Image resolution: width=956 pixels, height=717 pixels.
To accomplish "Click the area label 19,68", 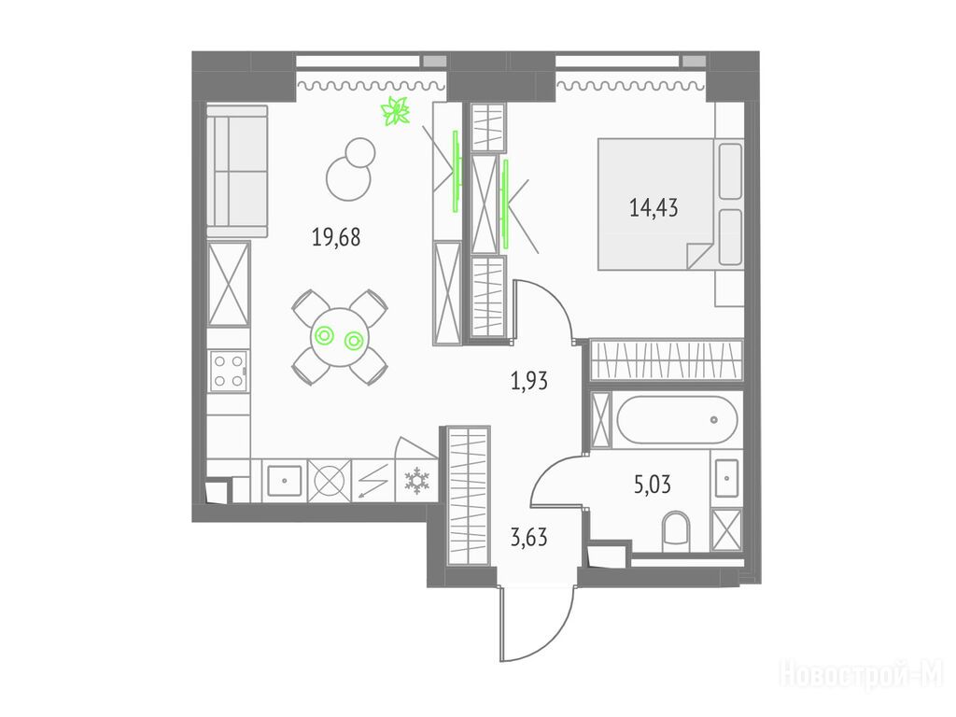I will click(x=336, y=238).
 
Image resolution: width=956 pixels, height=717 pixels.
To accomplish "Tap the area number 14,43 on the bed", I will click(x=654, y=207).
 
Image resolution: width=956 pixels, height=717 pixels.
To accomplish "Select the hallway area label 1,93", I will click(x=528, y=381).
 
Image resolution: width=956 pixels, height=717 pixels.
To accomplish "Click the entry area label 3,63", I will click(x=528, y=537).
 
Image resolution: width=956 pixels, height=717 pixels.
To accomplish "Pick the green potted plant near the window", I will click(x=396, y=111).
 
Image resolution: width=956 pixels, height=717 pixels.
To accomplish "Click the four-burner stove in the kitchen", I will click(x=228, y=369).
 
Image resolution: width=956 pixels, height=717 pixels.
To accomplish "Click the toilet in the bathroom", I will click(x=674, y=530).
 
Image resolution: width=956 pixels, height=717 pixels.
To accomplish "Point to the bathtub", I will click(x=677, y=419).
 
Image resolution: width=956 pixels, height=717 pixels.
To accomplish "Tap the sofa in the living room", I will click(x=237, y=171).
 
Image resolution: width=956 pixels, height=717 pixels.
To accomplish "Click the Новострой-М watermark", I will click(x=861, y=674).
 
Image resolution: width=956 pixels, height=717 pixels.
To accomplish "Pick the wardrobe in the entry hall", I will click(x=469, y=495).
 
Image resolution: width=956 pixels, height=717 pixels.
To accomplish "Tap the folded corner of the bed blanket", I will click(x=698, y=256).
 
